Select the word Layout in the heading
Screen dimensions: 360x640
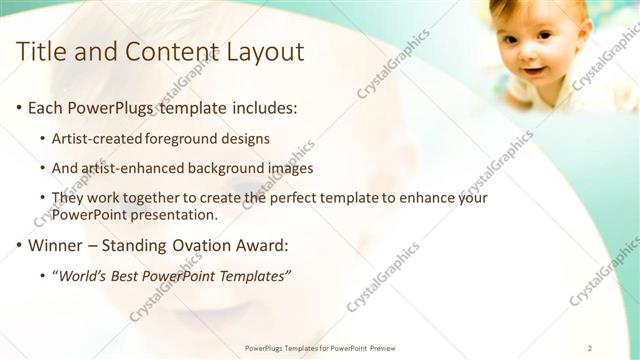(265, 51)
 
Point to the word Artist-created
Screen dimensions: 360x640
(97, 138)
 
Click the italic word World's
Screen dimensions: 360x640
(82, 275)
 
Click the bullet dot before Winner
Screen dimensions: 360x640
(19, 245)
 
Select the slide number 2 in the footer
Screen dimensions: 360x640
(590, 348)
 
